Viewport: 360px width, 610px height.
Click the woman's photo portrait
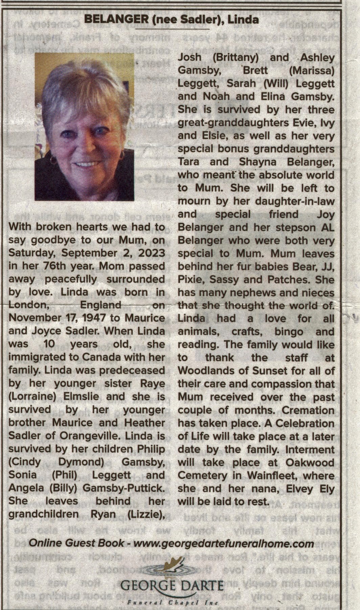pyautogui.click(x=84, y=127)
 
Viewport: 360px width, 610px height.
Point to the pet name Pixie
pyautogui.click(x=190, y=280)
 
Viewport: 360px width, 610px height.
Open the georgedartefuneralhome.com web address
pyautogui.click(x=224, y=544)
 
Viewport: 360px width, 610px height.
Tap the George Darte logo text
pyautogui.click(x=172, y=586)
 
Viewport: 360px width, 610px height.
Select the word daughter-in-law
pyautogui.click(x=295, y=201)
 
